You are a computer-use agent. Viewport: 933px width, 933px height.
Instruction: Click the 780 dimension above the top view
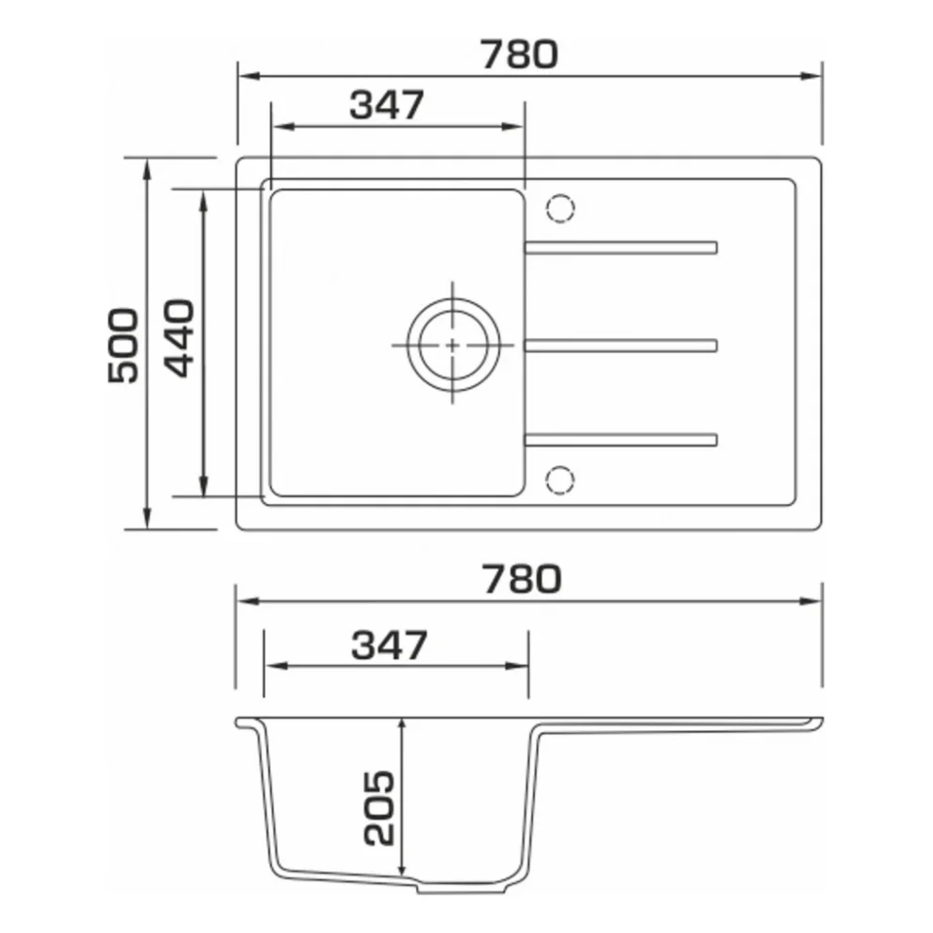tap(519, 54)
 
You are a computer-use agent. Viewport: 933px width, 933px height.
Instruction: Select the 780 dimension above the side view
tap(521, 579)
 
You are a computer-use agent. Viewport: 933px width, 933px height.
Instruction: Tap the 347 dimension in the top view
tap(387, 105)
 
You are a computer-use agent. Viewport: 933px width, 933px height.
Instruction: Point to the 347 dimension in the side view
tap(390, 645)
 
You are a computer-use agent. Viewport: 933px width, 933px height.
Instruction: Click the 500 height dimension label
tap(123, 345)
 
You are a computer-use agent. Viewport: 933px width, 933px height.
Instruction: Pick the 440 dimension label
tap(179, 338)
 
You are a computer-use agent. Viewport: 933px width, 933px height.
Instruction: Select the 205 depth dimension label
tap(379, 807)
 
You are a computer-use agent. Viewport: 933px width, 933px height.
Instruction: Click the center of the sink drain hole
tap(452, 345)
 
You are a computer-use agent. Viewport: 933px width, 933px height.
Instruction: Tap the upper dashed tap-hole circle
tap(560, 208)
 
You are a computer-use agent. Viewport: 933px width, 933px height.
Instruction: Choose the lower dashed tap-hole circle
tap(560, 480)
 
